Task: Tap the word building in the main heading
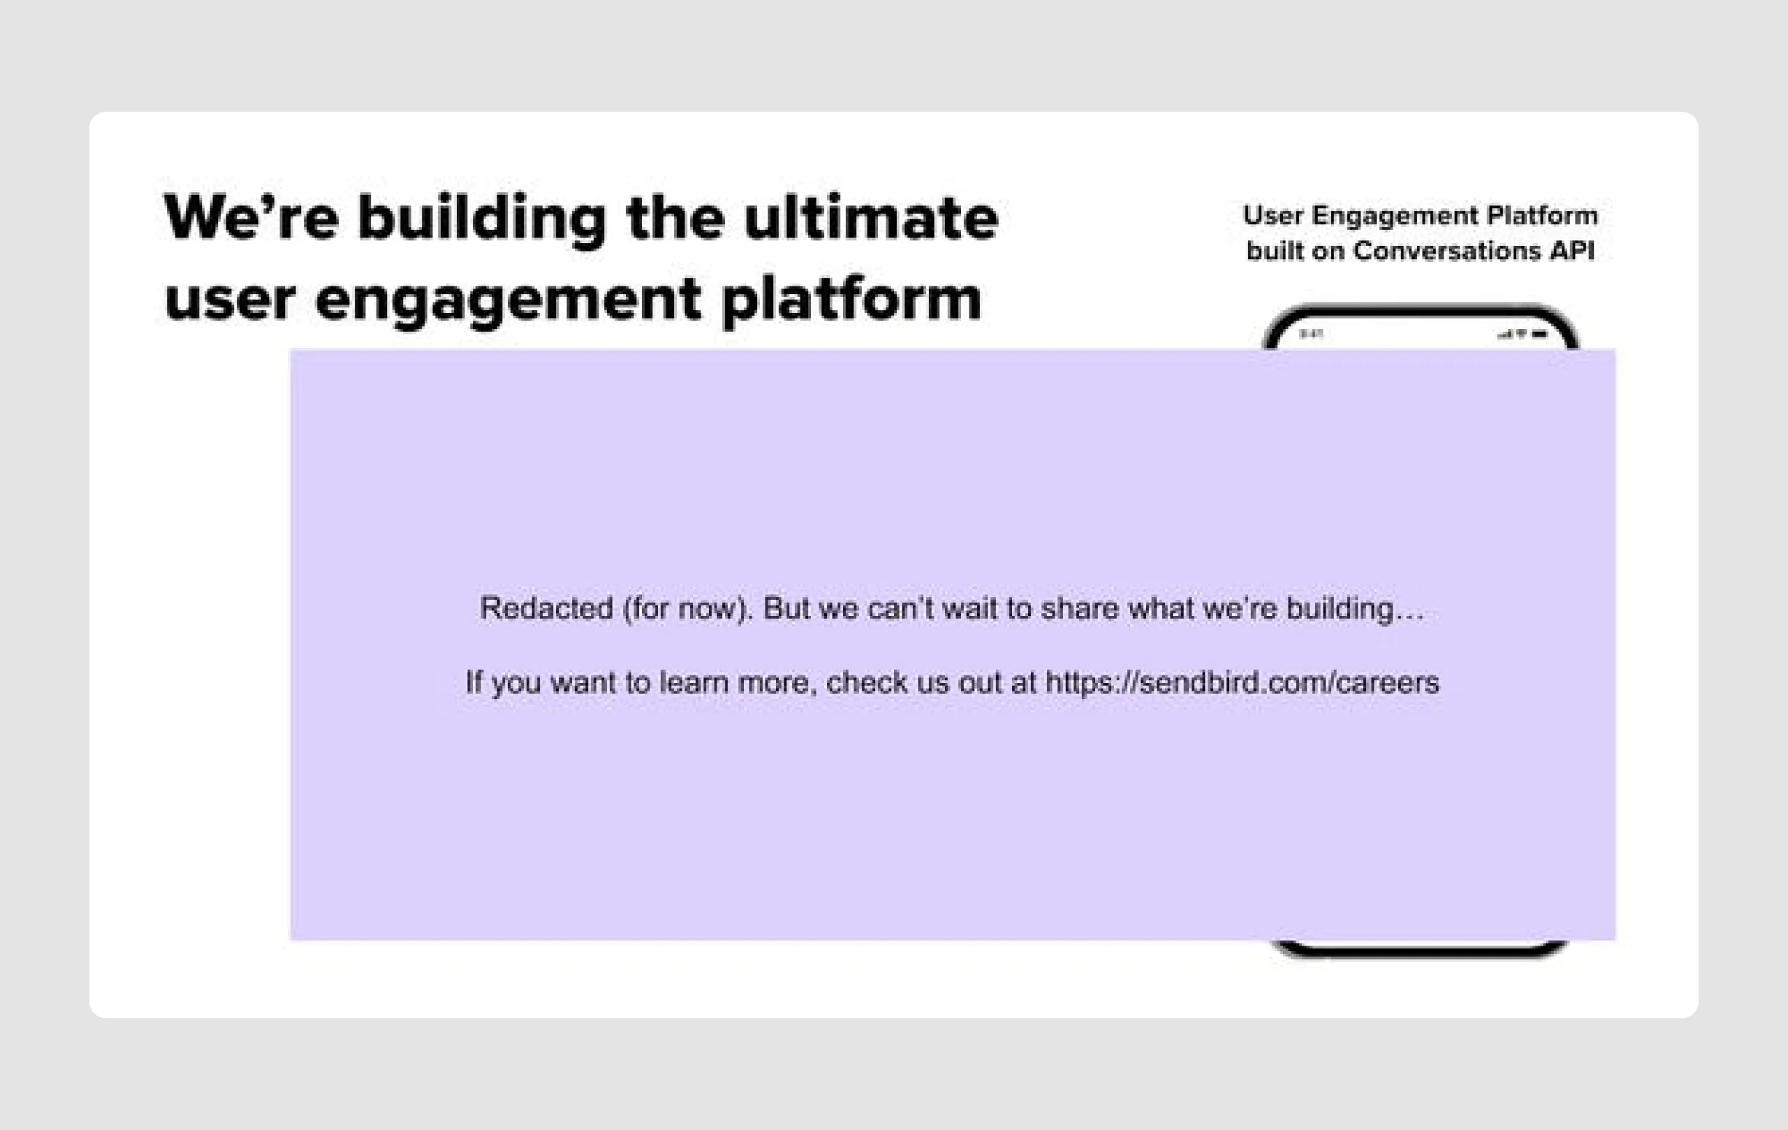tap(481, 220)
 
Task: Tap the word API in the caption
tap(1571, 251)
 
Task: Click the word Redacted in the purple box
tap(545, 608)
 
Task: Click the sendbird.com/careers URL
tap(1242, 682)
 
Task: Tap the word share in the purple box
tap(1079, 608)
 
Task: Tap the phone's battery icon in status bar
tap(1539, 335)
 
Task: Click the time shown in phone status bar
tap(1310, 334)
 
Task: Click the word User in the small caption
tap(1273, 215)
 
